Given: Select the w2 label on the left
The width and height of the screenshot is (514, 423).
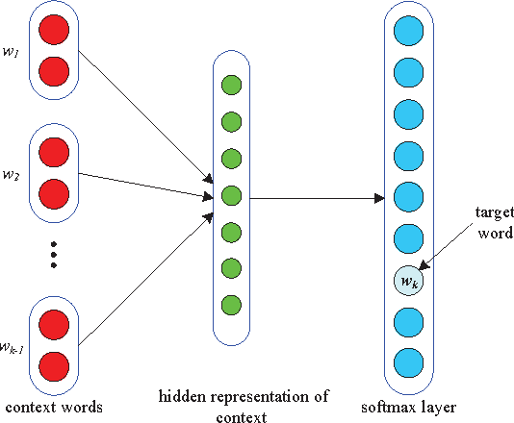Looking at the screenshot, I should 13,176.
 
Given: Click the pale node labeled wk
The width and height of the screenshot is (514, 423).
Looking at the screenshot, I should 409,282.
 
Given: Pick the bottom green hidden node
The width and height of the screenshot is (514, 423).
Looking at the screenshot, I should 230,306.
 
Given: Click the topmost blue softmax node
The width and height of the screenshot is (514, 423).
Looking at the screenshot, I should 409,33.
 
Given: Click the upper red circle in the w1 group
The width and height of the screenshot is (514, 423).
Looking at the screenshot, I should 55,33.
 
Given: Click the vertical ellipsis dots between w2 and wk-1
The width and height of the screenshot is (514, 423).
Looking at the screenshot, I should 55,252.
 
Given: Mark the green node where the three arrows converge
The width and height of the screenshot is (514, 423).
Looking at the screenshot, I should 230,195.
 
